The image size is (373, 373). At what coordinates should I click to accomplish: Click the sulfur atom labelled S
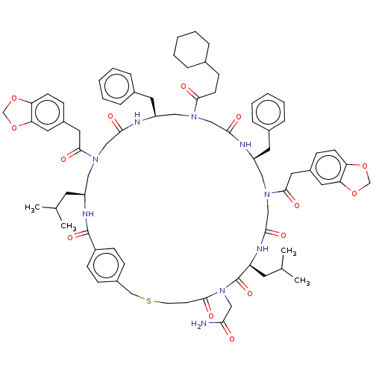tap(148, 301)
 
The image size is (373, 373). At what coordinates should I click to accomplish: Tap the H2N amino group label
tap(199, 324)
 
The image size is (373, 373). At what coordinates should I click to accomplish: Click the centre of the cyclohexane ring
tap(192, 49)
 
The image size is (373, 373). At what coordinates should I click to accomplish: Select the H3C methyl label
tap(32, 207)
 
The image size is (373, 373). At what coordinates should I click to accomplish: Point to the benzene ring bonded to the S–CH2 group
tap(106, 266)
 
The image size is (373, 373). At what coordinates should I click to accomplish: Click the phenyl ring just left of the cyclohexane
tap(117, 87)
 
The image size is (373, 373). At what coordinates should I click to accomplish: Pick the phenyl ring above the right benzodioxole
tap(268, 112)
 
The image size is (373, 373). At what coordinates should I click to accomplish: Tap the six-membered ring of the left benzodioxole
tap(48, 113)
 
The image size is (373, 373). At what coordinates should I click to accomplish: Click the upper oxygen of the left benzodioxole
tap(14, 98)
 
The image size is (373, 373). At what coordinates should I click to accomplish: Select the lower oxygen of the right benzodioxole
tap(354, 193)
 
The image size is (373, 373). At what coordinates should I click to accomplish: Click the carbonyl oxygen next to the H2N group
tap(232, 339)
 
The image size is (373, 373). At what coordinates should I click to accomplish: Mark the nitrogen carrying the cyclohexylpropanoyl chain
tap(194, 116)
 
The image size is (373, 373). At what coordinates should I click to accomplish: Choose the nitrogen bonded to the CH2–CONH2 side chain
tap(222, 290)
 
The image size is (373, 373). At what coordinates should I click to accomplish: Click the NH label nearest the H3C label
tap(88, 213)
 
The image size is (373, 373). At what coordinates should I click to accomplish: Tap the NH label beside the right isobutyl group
tap(263, 248)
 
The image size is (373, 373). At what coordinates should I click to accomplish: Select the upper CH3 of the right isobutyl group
tap(289, 251)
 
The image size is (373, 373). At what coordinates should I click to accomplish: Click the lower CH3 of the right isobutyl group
tap(302, 281)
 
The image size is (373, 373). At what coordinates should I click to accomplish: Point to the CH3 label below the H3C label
tap(69, 226)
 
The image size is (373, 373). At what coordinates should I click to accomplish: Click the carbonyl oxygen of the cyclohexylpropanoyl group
tap(184, 87)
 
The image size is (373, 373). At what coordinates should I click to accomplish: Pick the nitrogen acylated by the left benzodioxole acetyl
tap(95, 159)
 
